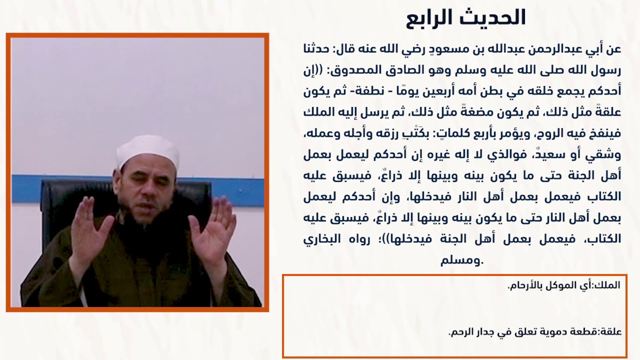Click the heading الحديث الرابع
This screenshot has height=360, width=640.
pyautogui.click(x=466, y=17)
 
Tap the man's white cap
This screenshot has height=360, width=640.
pyautogui.click(x=147, y=151)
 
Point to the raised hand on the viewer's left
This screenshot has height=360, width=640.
pyautogui.click(x=90, y=231)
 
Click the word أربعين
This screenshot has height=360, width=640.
pyautogui.click(x=466, y=92)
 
